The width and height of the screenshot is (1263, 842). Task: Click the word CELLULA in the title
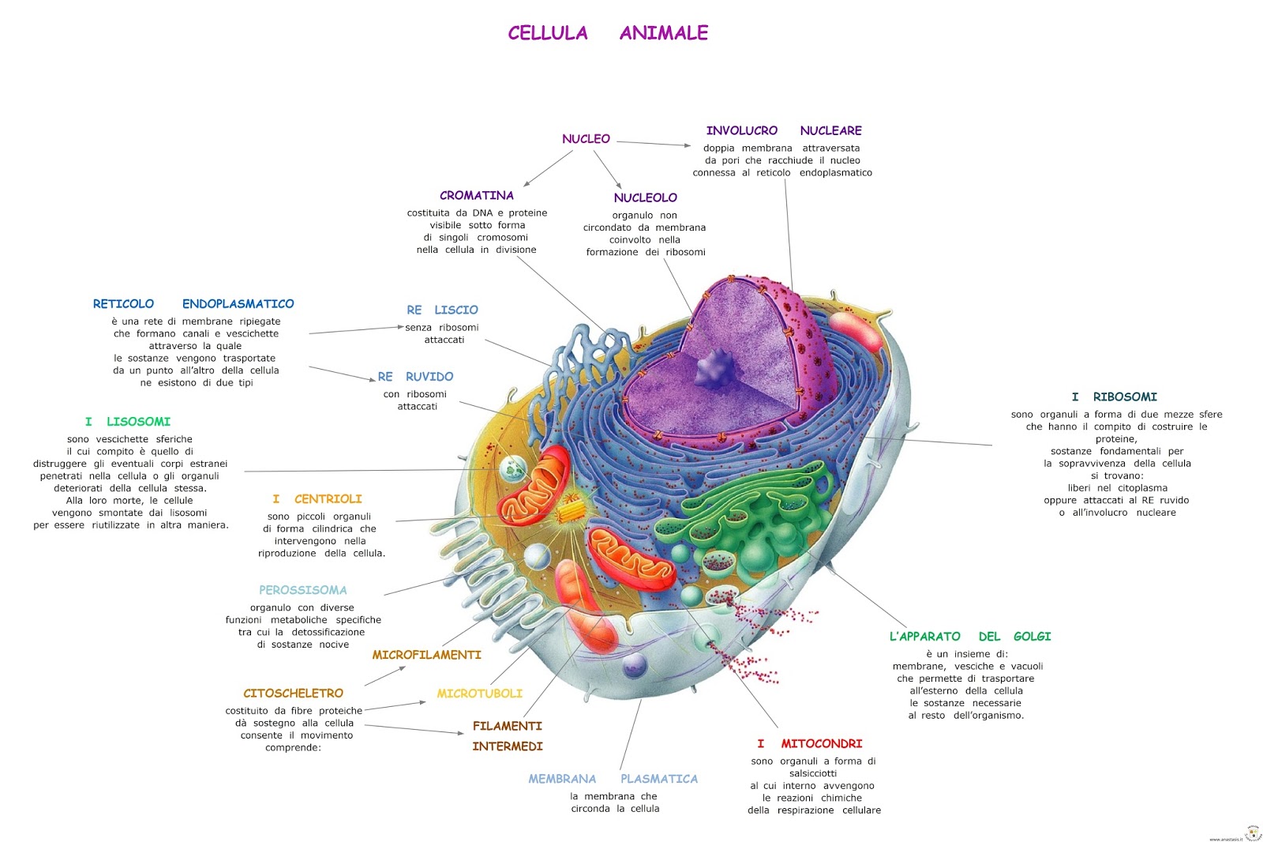[x=548, y=33]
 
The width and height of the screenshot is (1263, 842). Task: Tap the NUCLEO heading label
[x=586, y=139]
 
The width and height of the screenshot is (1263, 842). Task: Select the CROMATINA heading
[x=476, y=195]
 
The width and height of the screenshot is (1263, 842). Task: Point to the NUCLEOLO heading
[x=645, y=197]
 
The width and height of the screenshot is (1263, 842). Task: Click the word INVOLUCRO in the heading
[x=741, y=130]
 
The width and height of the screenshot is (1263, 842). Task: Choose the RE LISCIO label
[x=442, y=310]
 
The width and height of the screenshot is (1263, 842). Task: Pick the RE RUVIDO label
[x=415, y=377]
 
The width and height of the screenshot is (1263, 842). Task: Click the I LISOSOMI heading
[x=128, y=422]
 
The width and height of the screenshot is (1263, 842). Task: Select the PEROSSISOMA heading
[x=302, y=590]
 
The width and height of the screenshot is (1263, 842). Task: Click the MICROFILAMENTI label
[x=426, y=655]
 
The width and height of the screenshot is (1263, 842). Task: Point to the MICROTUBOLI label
[x=479, y=694]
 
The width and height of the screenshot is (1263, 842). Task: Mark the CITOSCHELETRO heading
[x=293, y=694]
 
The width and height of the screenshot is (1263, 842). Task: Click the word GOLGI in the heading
[x=1032, y=637]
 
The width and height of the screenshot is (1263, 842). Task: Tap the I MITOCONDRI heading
[x=810, y=744]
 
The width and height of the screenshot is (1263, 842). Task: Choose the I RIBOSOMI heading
[x=1114, y=397]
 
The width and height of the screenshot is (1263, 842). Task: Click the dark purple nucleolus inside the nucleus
[x=715, y=368]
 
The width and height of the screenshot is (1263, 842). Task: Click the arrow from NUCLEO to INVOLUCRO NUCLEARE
[x=654, y=144]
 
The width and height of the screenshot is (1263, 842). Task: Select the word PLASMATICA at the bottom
[x=658, y=779]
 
